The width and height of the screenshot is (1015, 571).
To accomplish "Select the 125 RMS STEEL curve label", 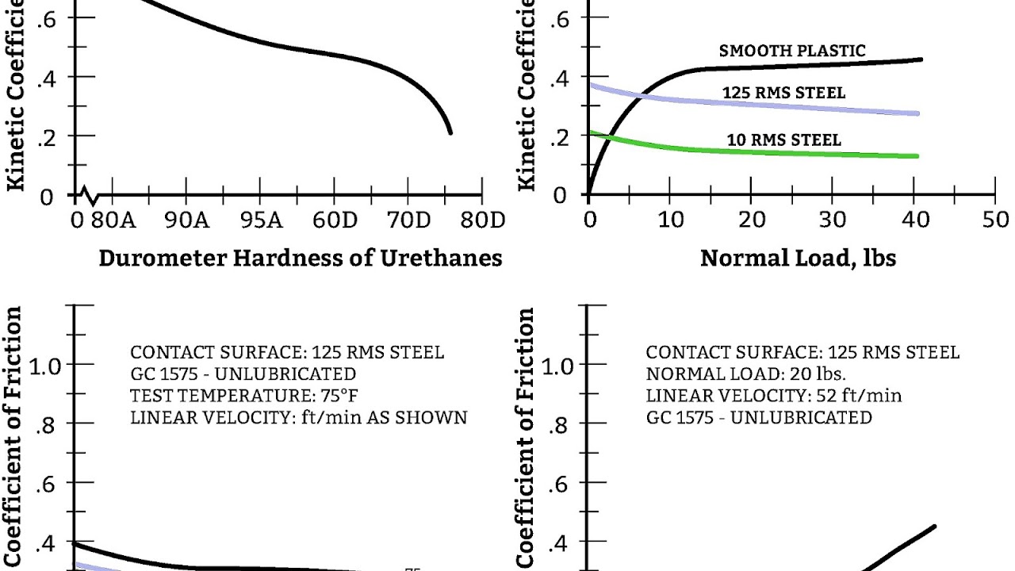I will coord(783,94).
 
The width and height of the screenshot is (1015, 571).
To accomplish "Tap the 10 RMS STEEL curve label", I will coord(783,140).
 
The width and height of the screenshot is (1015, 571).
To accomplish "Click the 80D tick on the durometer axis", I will coord(482,220).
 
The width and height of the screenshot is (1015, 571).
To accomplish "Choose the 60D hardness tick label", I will coord(335,220).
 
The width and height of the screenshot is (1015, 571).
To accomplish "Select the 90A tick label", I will coord(187,220).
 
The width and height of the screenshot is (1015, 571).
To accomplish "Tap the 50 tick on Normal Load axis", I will coord(996,220).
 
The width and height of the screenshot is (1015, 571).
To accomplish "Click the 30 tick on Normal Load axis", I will coord(833,220).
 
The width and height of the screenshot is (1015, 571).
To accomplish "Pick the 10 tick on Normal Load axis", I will coord(670,220).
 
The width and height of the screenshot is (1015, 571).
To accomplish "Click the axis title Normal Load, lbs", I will coord(798,259).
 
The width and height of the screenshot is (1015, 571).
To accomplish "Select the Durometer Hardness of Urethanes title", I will coord(301,259).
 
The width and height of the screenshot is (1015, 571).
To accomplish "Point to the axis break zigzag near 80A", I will coord(89,194).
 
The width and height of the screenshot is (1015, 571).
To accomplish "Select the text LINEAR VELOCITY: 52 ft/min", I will coord(773,395).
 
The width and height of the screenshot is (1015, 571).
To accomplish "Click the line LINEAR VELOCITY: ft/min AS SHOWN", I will coord(299,417).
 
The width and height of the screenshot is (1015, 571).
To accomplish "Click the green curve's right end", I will coord(917,156).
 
